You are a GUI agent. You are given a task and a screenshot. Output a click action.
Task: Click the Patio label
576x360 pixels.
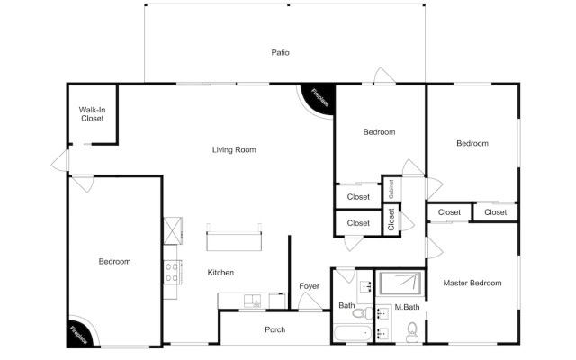coord(280,52)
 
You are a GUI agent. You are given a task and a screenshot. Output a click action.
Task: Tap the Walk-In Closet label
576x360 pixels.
coord(93,114)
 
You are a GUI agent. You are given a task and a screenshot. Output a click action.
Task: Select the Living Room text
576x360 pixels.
coord(234,149)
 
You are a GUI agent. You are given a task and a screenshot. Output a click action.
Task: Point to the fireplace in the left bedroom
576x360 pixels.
coord(79,335)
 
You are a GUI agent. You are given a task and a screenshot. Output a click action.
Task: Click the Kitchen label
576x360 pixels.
coord(220,272)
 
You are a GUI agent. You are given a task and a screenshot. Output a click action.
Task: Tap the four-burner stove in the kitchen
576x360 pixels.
coord(172,272)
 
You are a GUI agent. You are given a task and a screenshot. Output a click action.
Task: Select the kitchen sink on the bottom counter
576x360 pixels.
coord(252,301)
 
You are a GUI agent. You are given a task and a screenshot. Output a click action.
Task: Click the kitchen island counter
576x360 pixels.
coord(234,241)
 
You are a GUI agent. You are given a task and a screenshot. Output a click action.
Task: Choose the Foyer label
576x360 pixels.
coord(310,286)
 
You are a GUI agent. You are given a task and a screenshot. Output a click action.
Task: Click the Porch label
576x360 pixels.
coord(275,329)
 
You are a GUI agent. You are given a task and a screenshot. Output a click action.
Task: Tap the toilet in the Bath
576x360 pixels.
coord(362,313)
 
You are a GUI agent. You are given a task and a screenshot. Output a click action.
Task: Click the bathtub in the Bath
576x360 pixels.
coord(353,334)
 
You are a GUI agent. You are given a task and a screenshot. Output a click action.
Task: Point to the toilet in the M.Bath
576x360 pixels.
coord(412,332)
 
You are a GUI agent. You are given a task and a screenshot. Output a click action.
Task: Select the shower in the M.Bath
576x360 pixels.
coord(400,283)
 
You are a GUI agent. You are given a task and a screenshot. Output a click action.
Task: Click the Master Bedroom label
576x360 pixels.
coord(472,283)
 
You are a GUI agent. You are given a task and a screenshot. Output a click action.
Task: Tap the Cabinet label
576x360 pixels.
coord(391,189)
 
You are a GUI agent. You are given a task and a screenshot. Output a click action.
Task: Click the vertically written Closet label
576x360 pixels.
coord(391,220)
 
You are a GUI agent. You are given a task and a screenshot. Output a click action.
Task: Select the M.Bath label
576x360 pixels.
coord(407,307)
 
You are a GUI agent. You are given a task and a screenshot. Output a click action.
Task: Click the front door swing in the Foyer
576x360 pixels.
coord(310,301)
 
